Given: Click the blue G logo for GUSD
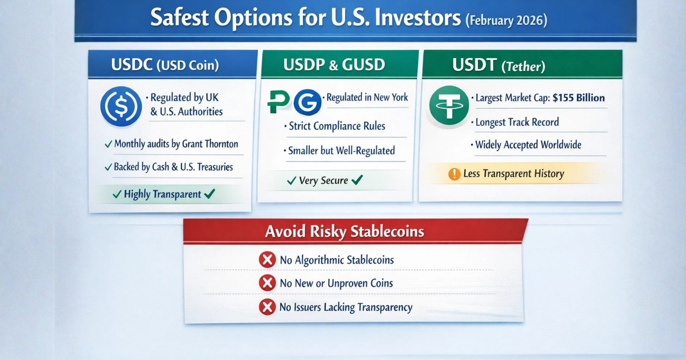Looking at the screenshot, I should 307,101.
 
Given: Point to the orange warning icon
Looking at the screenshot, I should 454,174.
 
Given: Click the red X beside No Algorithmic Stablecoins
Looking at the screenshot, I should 266,261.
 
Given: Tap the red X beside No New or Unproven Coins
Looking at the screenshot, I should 266,283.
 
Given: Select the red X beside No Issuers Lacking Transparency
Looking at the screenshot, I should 266,307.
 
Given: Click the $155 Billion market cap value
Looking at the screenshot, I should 579,98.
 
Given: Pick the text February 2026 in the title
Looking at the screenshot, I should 506,21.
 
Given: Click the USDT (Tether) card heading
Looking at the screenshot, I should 498,66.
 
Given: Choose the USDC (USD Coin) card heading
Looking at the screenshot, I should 165,65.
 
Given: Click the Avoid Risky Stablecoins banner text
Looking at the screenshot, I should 345,232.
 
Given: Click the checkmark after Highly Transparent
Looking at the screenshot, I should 209,194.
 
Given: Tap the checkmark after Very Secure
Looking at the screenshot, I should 357,181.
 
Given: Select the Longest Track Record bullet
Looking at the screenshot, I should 517,122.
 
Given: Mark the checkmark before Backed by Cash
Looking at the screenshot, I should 108,168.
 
